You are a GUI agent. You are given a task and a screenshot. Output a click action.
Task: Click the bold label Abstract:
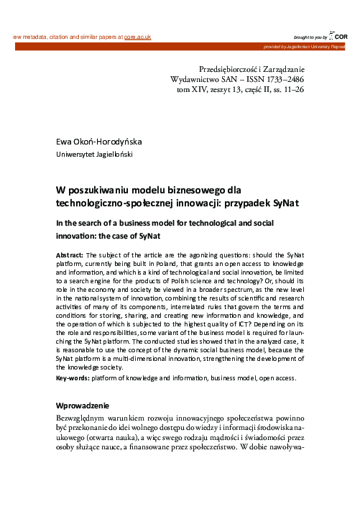[x=70, y=255]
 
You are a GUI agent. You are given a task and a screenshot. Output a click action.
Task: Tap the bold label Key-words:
[x=73, y=377]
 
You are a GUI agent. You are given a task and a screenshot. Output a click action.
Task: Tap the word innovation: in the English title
[x=80, y=234]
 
